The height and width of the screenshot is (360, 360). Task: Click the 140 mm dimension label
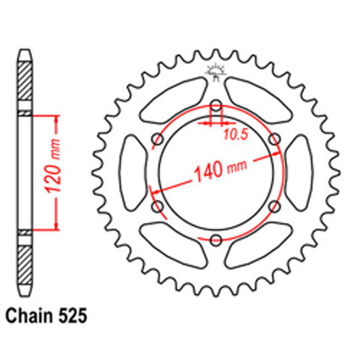coord(220,169)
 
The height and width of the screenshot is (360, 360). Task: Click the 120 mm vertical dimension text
coord(53,166)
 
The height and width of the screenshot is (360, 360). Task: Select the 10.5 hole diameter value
coord(235,135)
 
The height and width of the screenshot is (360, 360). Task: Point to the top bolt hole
coord(216,106)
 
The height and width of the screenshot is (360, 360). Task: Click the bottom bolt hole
coord(216,240)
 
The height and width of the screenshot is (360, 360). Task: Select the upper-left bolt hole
coord(158,139)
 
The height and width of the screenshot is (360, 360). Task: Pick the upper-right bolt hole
coord(274,139)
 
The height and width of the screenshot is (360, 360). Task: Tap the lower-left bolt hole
coord(158,207)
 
